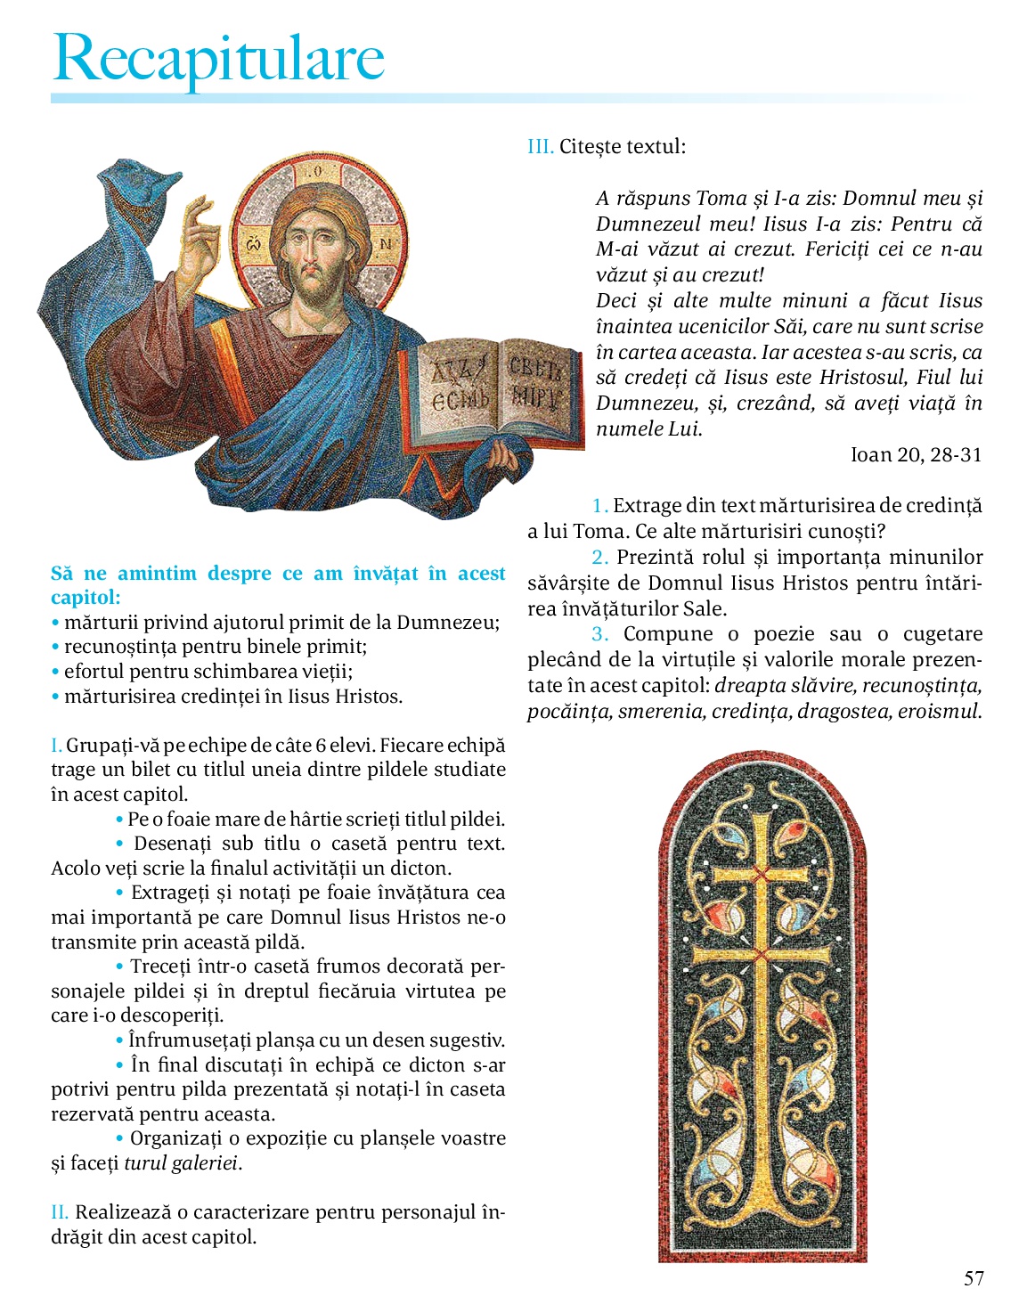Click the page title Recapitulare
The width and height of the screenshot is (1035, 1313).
[218, 58]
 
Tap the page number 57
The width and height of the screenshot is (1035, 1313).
[974, 1278]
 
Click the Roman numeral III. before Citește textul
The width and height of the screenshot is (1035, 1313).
[540, 147]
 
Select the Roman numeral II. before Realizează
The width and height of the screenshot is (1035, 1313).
[60, 1212]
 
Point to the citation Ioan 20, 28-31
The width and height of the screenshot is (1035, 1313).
[916, 455]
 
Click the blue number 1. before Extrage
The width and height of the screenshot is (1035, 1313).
[600, 506]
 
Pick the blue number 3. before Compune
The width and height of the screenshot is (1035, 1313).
[600, 634]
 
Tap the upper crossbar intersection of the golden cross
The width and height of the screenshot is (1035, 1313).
[760, 874]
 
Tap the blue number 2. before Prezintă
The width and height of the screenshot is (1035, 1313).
[600, 558]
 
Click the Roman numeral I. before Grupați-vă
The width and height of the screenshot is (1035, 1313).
[56, 746]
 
